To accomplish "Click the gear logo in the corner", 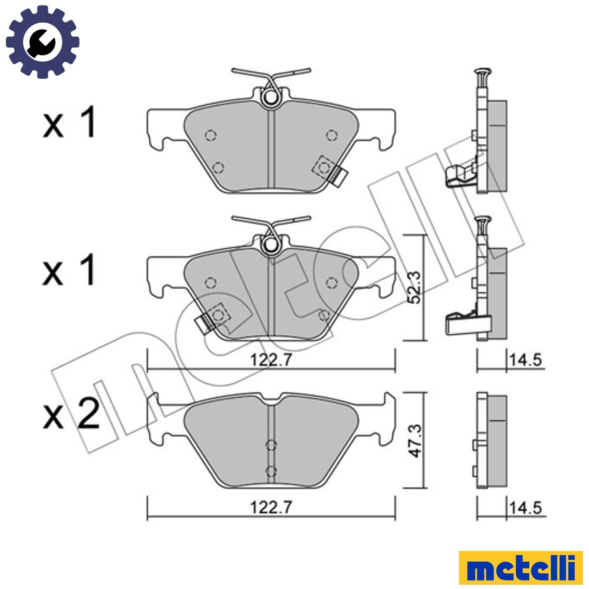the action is [x=43, y=42].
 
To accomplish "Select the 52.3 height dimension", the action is [x=416, y=288].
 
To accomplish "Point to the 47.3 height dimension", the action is [x=416, y=440].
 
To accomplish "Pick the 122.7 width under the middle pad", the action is [x=271, y=360].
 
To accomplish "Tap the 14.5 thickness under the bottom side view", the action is [x=525, y=508].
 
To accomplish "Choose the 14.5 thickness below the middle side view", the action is [x=525, y=360].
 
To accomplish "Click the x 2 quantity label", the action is [x=71, y=414].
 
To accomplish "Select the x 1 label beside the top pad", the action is [x=69, y=122].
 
